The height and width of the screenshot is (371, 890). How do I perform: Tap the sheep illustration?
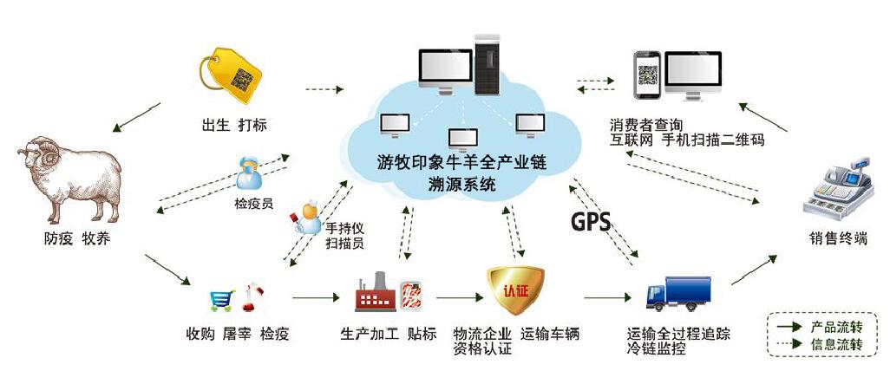[x=69, y=178]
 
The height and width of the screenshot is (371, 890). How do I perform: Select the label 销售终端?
[x=837, y=239]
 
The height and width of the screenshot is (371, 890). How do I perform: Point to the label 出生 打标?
[x=232, y=125]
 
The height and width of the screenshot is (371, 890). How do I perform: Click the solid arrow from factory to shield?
[x=459, y=298]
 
